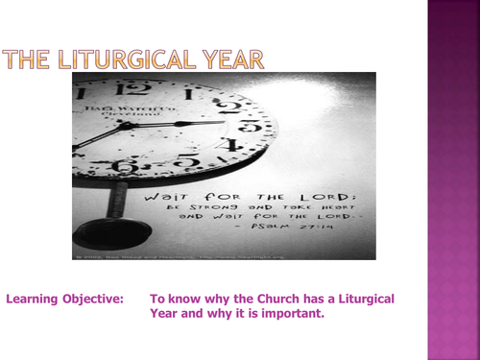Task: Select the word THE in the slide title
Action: (29, 60)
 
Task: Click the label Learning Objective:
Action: (64, 299)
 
